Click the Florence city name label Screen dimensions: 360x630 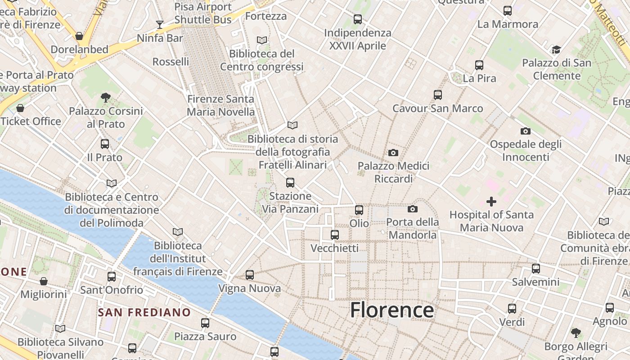[x=391, y=310]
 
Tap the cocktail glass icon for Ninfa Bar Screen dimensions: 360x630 [x=159, y=24]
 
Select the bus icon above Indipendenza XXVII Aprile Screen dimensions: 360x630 [x=358, y=19]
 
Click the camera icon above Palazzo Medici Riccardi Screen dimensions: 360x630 [x=393, y=153]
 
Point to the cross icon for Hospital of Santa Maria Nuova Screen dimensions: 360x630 [x=491, y=201]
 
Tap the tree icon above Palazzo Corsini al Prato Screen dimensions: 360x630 [x=106, y=97]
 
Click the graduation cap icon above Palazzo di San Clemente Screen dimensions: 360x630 [x=557, y=49]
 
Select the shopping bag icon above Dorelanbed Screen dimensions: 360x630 [x=79, y=36]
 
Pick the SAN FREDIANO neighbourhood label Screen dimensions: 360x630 [x=144, y=312]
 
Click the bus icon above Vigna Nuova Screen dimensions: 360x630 [x=250, y=274]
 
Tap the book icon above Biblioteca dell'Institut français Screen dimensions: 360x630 [x=178, y=232]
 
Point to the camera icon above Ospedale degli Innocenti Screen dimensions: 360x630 [x=525, y=131]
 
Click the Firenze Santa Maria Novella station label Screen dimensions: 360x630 [x=220, y=105]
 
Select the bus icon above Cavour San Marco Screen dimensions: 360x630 [x=438, y=95]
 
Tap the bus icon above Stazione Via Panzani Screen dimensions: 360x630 [x=290, y=182]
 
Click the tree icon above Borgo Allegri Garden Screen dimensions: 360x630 [x=576, y=333]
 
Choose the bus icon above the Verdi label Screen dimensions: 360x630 [x=512, y=309]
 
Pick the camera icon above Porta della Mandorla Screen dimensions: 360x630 [x=412, y=209]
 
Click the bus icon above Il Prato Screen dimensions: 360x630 [x=105, y=144]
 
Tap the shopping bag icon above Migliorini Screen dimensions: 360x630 [x=44, y=281]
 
